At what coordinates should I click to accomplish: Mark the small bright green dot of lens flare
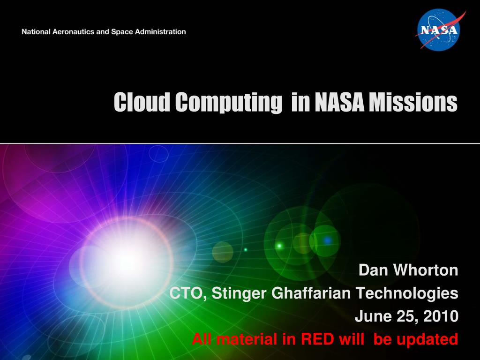click(x=279, y=245)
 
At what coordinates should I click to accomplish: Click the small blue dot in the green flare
click(x=327, y=240)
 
